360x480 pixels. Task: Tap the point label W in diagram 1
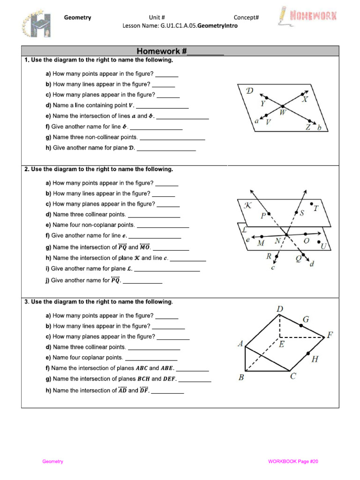coord(283,112)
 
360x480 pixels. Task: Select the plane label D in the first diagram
coord(249,90)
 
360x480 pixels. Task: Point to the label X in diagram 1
coord(305,99)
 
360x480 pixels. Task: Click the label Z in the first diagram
coord(308,127)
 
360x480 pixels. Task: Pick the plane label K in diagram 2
coord(248,206)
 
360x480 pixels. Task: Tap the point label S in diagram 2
coord(302,213)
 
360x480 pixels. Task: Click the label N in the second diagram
coord(277,241)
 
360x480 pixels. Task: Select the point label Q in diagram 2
coord(299,257)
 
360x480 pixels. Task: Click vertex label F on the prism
coord(330,335)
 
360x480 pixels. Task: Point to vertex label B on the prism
coord(241,377)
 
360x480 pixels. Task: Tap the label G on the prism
coord(306,320)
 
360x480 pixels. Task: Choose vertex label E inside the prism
coord(281,344)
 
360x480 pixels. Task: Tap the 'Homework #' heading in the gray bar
coord(180,51)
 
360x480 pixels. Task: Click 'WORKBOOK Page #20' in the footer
coord(293,462)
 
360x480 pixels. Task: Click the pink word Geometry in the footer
coord(52,462)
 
